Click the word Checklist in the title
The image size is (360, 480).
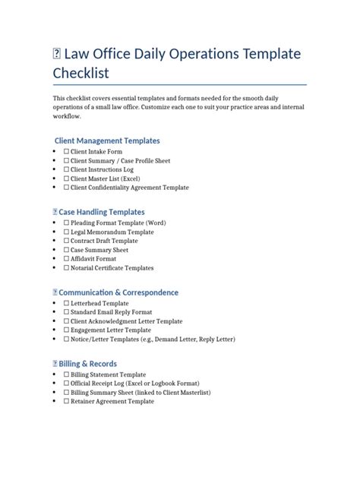click(x=81, y=73)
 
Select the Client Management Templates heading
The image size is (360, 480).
click(x=107, y=141)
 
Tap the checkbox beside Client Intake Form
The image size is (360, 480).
click(x=66, y=152)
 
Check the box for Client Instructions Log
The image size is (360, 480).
click(x=66, y=169)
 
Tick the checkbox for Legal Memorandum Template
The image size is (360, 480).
click(x=66, y=232)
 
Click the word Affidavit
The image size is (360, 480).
click(x=87, y=258)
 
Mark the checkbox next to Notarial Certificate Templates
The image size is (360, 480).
click(x=66, y=267)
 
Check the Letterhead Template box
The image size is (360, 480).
click(x=66, y=303)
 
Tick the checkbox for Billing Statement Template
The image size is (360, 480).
click(x=66, y=374)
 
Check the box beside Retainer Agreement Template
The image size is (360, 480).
click(x=66, y=401)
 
